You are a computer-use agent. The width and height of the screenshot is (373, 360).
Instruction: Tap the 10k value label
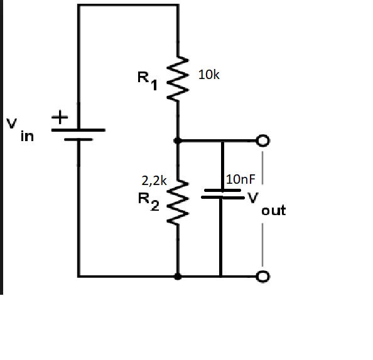click(208, 75)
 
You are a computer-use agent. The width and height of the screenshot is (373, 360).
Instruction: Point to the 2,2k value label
click(154, 181)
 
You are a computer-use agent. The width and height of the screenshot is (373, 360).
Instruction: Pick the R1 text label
click(147, 81)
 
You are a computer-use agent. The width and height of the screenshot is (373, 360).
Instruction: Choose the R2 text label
click(148, 200)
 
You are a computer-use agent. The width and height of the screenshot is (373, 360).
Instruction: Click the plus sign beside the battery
click(59, 117)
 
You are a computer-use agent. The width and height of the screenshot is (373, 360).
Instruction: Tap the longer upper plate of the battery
click(78, 130)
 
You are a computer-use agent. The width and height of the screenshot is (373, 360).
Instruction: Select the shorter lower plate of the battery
click(78, 140)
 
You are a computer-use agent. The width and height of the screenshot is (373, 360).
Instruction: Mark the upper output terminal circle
click(263, 140)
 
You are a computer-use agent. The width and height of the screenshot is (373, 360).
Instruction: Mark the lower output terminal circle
click(263, 276)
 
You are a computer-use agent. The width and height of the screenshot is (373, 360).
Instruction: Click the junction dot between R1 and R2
click(179, 140)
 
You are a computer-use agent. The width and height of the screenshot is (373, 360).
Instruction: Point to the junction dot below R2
click(179, 276)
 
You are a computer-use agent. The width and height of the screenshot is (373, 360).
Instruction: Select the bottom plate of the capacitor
click(221, 198)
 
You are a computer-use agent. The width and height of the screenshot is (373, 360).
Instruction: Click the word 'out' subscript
click(273, 211)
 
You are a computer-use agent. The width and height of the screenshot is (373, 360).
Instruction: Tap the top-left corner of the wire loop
click(78, 5)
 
